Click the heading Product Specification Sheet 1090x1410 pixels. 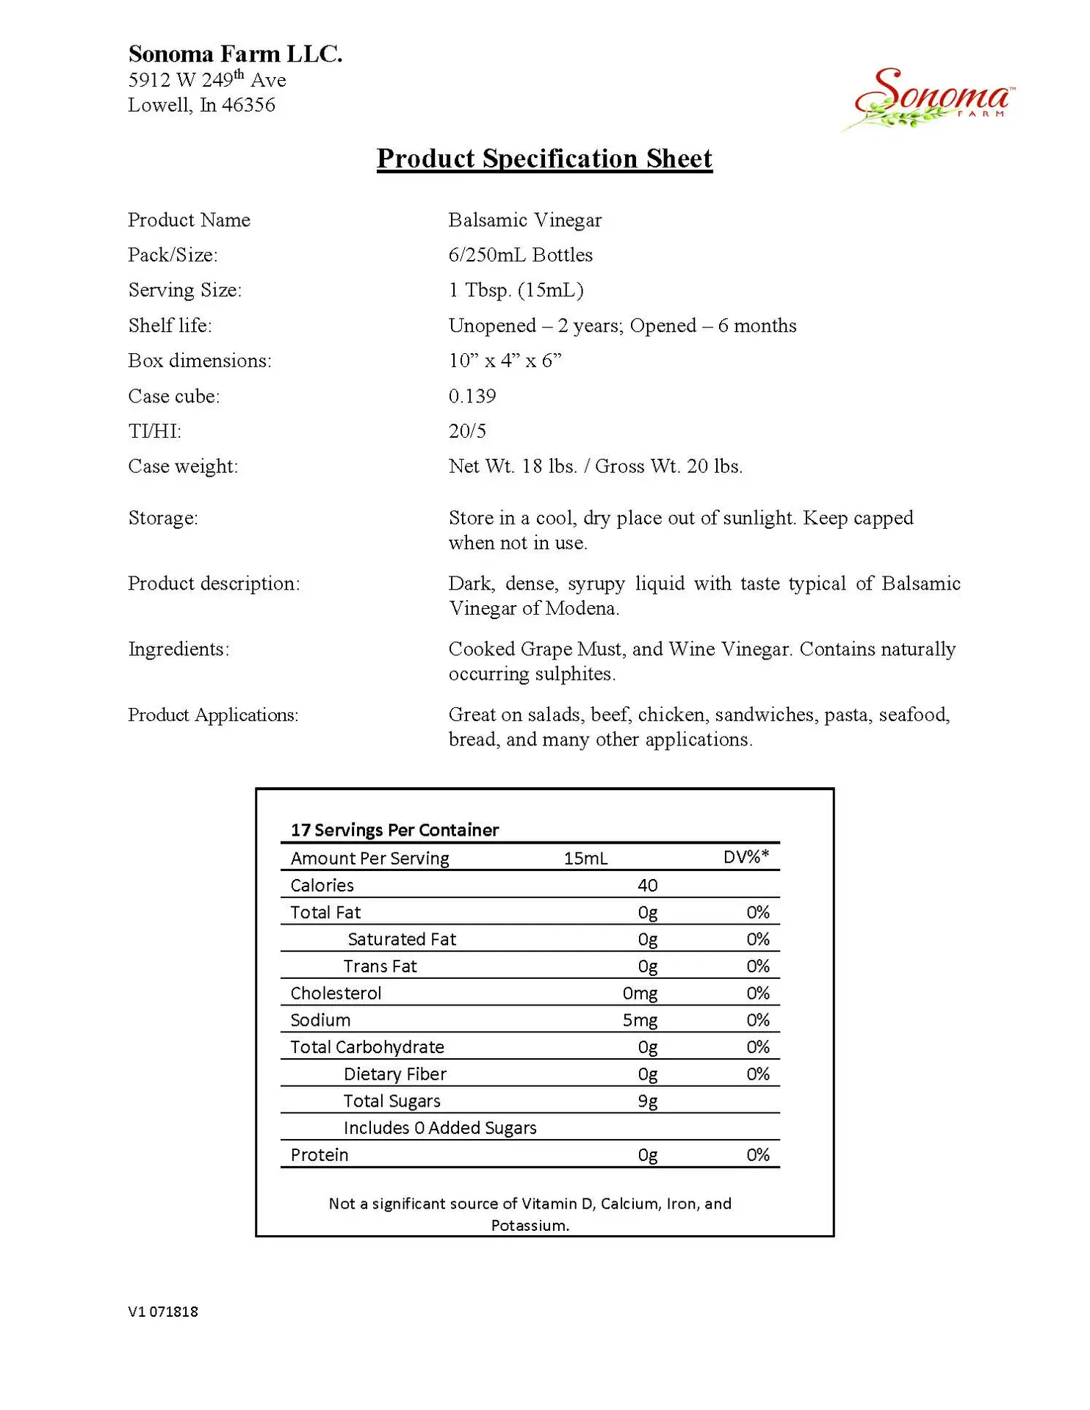tap(544, 159)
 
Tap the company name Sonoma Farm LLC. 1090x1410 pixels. tap(235, 54)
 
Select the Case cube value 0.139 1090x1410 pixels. tap(472, 396)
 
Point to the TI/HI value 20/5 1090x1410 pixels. tap(467, 431)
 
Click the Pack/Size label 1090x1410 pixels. tap(173, 255)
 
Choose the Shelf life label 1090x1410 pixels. tap(170, 325)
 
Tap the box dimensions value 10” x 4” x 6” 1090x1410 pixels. tap(505, 361)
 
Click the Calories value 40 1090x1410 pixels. tap(647, 885)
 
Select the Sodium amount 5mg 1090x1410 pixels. tap(640, 1020)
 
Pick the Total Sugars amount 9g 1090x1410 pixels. tap(647, 1101)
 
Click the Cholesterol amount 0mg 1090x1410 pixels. tap(640, 993)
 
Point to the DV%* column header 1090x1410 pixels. tap(746, 857)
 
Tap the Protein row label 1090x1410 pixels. tap(320, 1154)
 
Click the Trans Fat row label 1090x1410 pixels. tap(380, 966)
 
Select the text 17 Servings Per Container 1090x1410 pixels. tap(394, 830)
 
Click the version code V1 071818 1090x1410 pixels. tap(163, 1312)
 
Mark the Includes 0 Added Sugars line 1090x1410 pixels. tap(440, 1128)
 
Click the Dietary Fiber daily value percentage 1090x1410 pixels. tap(757, 1074)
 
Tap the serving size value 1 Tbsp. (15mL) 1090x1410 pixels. tap(516, 290)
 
